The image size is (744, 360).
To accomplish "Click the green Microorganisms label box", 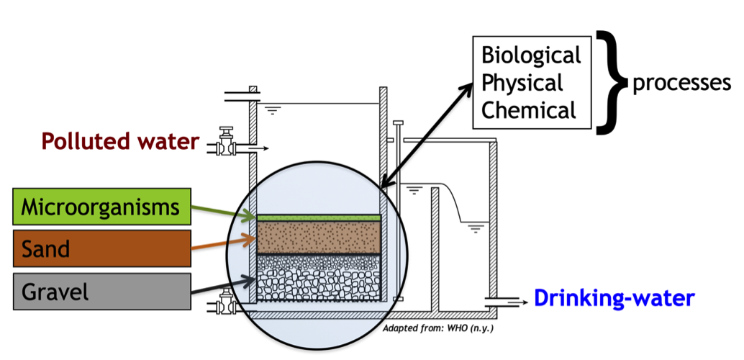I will tap(100, 207).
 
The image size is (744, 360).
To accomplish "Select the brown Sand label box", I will tap(100, 249).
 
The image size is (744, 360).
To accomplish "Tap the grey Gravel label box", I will tap(100, 292).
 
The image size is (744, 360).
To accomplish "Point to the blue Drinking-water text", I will tap(614, 297).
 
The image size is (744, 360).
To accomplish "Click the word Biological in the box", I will tap(530, 55).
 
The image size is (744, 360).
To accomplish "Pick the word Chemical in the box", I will tap(529, 110).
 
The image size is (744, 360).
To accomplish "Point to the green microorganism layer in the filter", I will tap(319, 217).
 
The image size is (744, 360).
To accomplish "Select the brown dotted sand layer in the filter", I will tap(319, 236).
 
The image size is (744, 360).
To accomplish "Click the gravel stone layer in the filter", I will tap(319, 277).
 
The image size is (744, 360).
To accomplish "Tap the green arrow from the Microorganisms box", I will tap(223, 211).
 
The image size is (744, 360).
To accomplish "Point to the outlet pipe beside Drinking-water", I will tap(504, 300).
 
